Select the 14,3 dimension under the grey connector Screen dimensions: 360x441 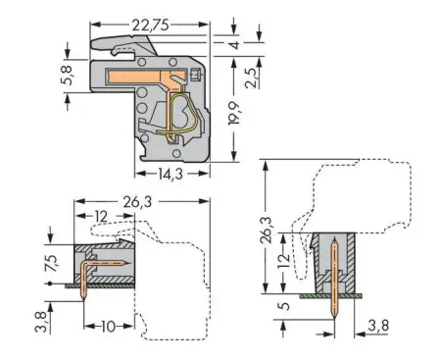(x=171, y=175)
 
